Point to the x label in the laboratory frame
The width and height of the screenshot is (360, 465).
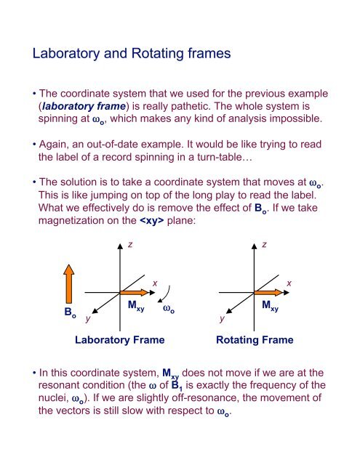(x=154, y=281)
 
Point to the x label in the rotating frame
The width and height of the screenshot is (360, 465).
(x=289, y=281)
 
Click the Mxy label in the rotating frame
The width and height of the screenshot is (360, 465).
(x=271, y=307)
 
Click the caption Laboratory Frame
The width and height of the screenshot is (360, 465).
(x=120, y=339)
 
